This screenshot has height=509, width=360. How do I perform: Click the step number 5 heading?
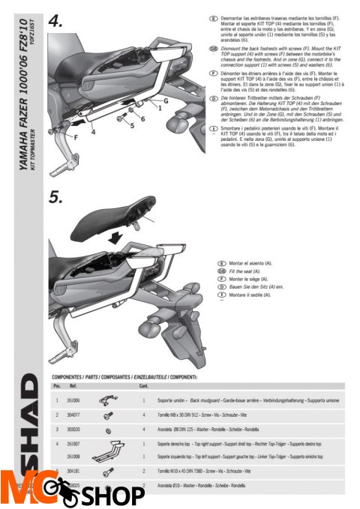pyautogui.click(x=58, y=200)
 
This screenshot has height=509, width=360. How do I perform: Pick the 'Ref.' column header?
pyautogui.click(x=74, y=386)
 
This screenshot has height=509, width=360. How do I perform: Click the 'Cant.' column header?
pyautogui.click(x=143, y=386)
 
